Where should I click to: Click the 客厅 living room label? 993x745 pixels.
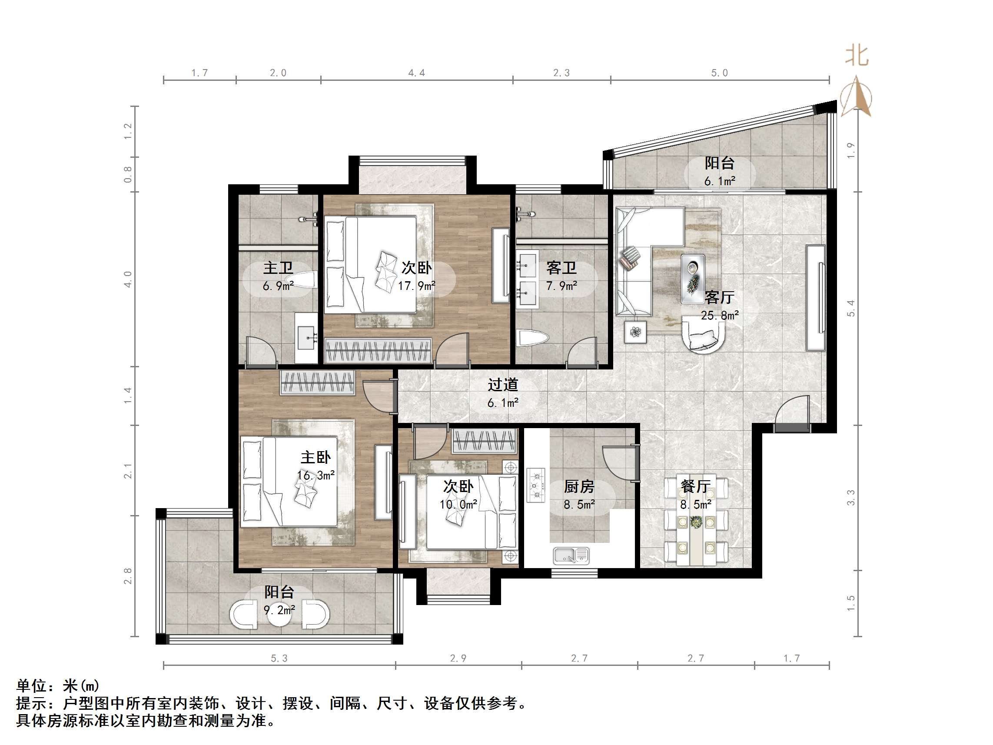(720, 297)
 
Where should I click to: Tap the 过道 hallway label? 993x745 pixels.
(503, 384)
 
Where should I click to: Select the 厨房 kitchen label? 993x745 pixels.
(579, 486)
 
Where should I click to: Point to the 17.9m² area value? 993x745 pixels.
(417, 286)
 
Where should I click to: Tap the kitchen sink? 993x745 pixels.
(571, 555)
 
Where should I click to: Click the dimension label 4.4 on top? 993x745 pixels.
(417, 73)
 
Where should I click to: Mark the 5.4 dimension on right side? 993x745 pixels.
(851, 308)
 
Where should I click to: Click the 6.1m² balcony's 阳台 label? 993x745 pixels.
(720, 163)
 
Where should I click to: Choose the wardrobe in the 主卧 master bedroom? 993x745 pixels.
(317, 382)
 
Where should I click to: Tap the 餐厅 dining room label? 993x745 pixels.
(695, 486)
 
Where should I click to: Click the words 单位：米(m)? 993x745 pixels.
(57, 686)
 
